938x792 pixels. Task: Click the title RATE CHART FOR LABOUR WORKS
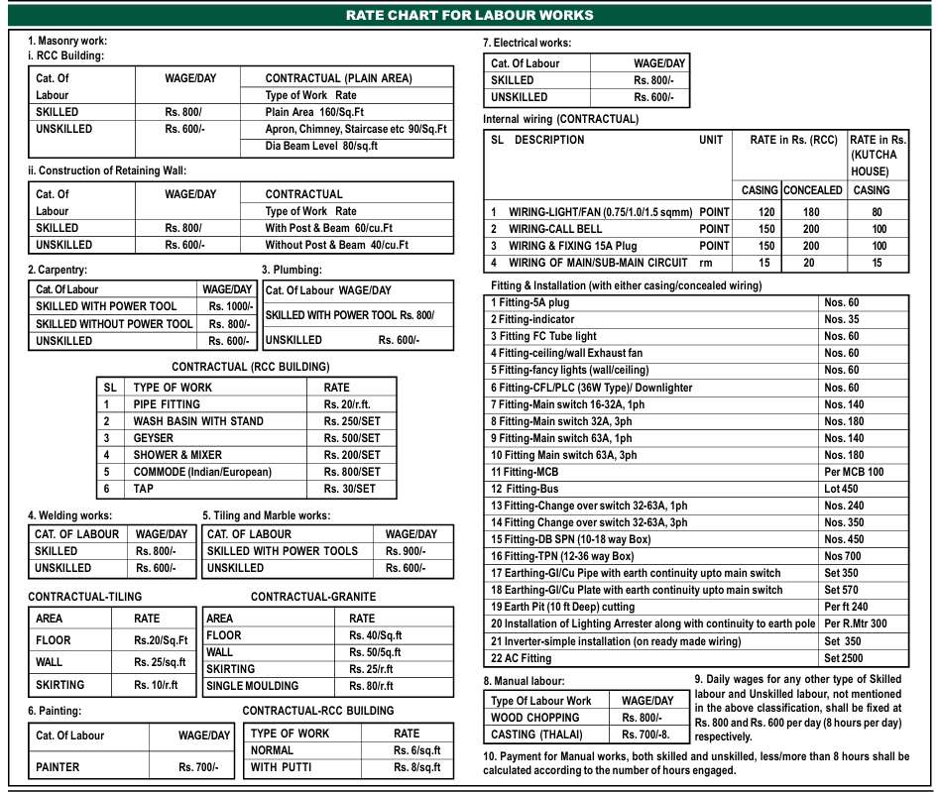469,15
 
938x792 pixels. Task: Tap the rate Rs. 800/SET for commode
352,472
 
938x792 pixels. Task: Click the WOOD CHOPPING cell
521,718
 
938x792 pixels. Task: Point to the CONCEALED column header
812,189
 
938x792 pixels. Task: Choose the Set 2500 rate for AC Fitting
845,658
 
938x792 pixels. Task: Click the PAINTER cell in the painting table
59,767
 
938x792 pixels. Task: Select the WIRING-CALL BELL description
555,229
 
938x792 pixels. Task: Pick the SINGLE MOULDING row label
252,686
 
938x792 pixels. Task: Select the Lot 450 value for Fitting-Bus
841,489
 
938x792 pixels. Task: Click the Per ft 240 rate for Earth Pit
846,607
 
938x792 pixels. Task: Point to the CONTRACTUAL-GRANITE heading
313,597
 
